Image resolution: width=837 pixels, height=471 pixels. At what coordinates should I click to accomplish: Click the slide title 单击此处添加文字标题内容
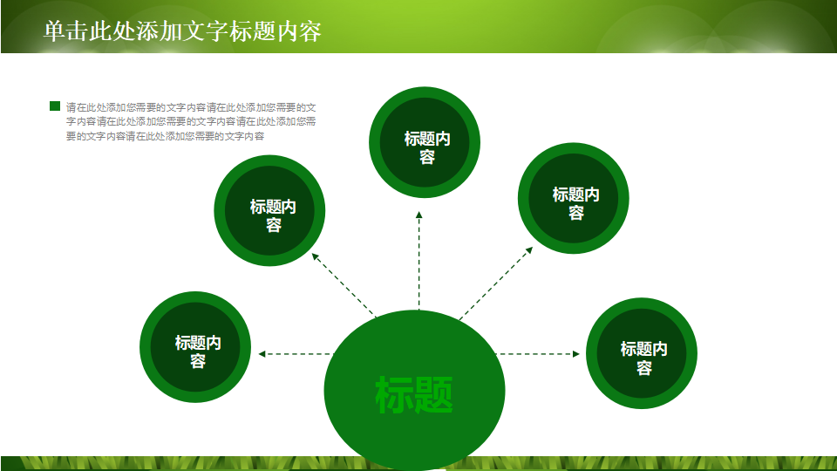click(x=182, y=31)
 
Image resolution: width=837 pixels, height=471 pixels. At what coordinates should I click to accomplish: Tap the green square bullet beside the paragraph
click(x=55, y=106)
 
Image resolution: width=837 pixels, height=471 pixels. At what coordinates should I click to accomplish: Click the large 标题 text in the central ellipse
click(x=414, y=395)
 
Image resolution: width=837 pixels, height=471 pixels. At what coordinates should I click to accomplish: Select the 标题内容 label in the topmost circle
click(x=426, y=147)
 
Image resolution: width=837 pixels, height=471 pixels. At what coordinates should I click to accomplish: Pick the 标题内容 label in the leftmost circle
click(x=198, y=352)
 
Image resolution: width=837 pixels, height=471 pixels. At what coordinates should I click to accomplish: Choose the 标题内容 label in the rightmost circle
click(x=643, y=358)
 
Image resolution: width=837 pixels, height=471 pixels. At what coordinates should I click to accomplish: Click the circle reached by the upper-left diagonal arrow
click(x=269, y=210)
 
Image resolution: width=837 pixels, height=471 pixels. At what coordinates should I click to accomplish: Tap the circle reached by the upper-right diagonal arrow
click(x=575, y=200)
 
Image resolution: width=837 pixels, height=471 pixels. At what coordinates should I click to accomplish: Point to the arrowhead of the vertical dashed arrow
click(x=419, y=215)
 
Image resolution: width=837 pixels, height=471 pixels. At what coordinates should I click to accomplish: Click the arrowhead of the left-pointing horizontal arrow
click(x=262, y=354)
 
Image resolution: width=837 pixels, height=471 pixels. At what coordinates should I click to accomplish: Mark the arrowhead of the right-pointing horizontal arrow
click(x=575, y=354)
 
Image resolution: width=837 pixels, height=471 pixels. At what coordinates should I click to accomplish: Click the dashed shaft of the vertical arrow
click(x=419, y=262)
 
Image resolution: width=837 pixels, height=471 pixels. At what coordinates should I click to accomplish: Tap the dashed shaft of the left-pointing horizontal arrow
click(x=296, y=354)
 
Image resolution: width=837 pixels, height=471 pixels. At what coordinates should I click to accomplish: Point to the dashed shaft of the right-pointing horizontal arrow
click(x=536, y=354)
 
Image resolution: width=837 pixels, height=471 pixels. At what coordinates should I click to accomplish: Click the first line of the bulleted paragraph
click(x=191, y=107)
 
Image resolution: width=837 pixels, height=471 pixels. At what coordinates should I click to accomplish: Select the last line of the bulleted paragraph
click(x=165, y=136)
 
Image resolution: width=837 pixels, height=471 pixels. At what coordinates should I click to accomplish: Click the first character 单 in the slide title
click(x=53, y=31)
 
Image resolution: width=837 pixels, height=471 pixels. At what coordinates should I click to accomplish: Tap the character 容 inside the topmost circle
click(x=426, y=157)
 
